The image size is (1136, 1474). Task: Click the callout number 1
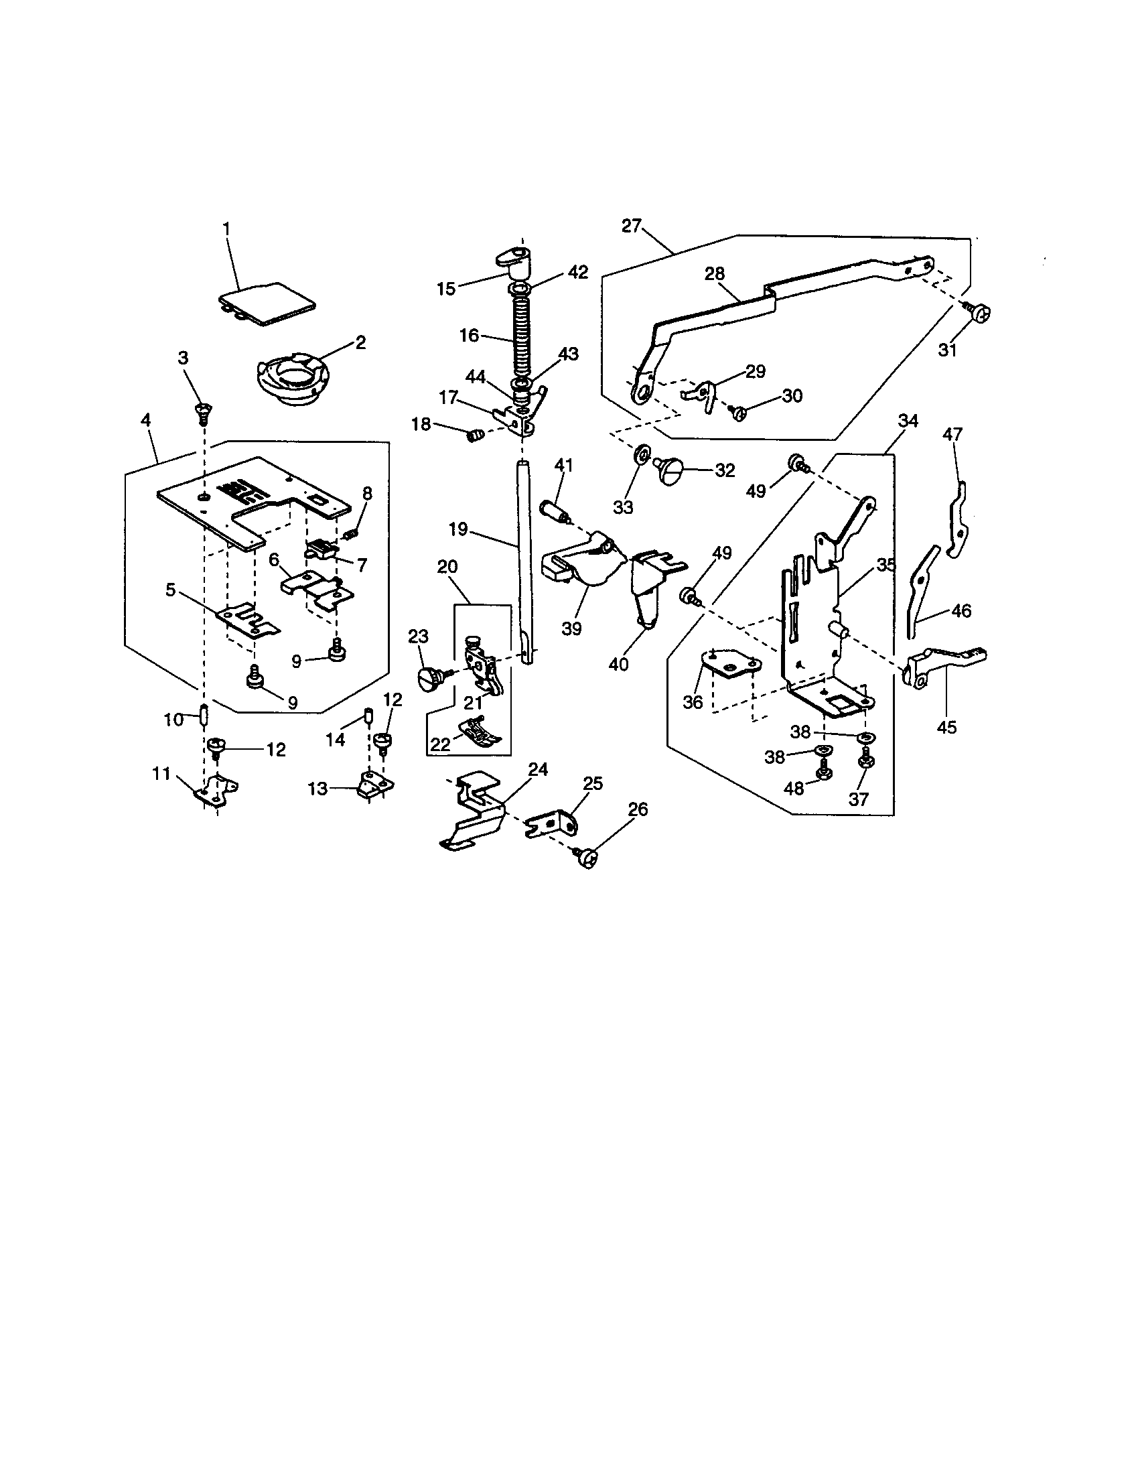[226, 229]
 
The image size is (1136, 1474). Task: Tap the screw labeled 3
[202, 411]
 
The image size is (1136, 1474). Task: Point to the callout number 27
[632, 226]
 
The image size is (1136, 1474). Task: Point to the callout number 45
[946, 727]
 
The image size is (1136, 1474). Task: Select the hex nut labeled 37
[863, 761]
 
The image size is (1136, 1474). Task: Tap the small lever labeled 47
[959, 520]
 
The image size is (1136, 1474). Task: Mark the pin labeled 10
[203, 714]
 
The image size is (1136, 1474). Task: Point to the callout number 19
[458, 529]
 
